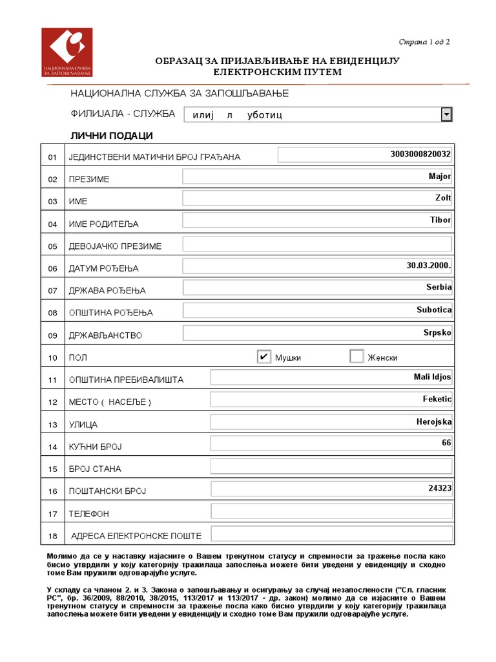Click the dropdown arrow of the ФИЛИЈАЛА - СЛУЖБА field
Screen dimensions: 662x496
tap(446, 114)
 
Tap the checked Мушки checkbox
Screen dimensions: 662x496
tap(263, 357)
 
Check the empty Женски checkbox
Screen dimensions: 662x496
tap(356, 357)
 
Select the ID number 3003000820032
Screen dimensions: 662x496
tap(420, 154)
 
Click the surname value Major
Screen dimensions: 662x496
tap(440, 176)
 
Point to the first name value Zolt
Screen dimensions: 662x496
tap(443, 198)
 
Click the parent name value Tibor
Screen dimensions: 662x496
tap(440, 220)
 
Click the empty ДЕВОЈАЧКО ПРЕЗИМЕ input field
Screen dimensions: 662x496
tap(317, 244)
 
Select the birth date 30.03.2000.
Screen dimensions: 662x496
tap(429, 265)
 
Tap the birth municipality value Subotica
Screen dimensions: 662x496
tap(434, 310)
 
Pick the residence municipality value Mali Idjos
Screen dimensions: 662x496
tap(433, 377)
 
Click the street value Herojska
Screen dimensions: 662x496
tap(434, 422)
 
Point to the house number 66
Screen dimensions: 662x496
tap(446, 443)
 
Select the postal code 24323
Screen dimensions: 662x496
tap(440, 488)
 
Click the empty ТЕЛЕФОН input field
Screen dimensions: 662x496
tap(331, 511)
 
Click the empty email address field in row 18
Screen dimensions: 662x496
tap(331, 534)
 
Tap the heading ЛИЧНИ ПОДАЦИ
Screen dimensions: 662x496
tap(111, 136)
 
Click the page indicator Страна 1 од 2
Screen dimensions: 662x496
tap(424, 42)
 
